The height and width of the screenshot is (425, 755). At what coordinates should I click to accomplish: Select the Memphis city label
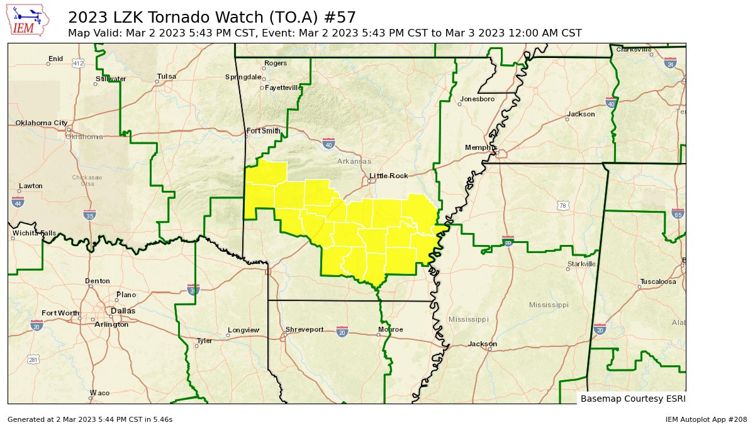click(x=481, y=147)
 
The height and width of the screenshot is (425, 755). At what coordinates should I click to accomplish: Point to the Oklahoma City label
click(x=42, y=123)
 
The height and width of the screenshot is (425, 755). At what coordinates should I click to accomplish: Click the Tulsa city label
click(x=167, y=76)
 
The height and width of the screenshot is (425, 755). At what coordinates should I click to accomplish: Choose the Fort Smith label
click(x=262, y=131)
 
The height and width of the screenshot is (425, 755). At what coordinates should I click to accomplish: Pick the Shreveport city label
click(x=305, y=329)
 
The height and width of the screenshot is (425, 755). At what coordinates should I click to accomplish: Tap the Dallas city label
click(x=123, y=311)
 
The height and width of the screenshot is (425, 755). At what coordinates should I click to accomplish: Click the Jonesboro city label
click(x=478, y=99)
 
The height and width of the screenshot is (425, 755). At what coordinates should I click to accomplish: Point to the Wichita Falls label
click(x=34, y=233)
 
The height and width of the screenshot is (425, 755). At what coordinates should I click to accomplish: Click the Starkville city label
click(x=581, y=264)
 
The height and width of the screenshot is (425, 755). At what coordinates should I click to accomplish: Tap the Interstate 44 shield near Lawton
click(x=18, y=202)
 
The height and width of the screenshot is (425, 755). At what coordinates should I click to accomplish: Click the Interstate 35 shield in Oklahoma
click(x=89, y=215)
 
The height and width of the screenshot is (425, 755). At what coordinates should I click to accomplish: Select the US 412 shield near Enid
click(x=78, y=64)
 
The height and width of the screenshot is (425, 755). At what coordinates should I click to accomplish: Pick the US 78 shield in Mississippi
click(x=562, y=206)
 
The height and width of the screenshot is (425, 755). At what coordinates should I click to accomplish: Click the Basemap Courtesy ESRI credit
click(x=632, y=399)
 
